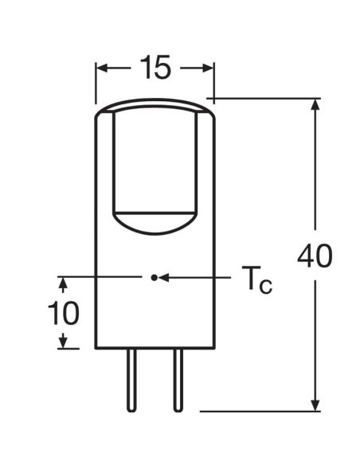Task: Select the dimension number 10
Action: tap(64, 313)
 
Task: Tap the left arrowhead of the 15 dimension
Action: tap(102, 68)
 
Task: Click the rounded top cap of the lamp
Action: tap(155, 107)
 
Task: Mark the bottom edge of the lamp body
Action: tap(155, 349)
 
